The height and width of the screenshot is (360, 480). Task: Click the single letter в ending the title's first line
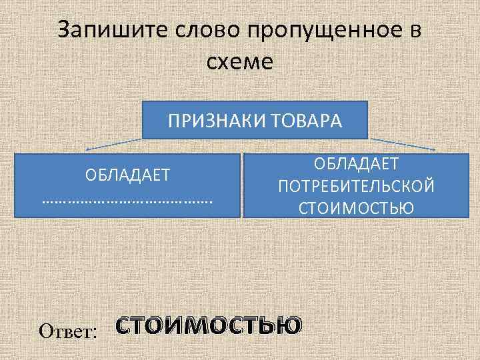pyautogui.click(x=415, y=31)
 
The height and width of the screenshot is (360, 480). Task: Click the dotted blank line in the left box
pyautogui.click(x=127, y=199)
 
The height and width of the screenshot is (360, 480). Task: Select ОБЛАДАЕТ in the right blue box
pyautogui.click(x=357, y=164)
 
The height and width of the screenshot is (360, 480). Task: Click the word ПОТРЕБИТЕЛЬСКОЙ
pyautogui.click(x=357, y=185)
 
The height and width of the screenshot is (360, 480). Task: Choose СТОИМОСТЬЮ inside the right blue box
pyautogui.click(x=357, y=207)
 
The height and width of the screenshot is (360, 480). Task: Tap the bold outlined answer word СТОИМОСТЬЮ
pyautogui.click(x=208, y=326)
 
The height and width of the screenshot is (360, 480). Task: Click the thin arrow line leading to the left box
pyautogui.click(x=113, y=144)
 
